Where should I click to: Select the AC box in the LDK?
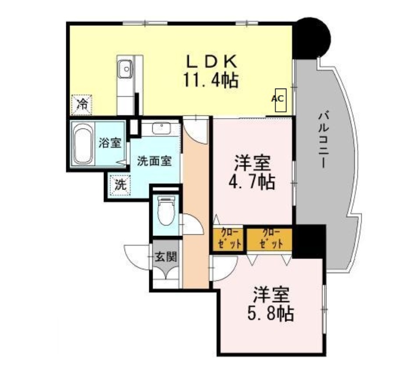coord(278,99)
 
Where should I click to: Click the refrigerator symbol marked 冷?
coord(82,104)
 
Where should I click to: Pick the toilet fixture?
coord(165,211)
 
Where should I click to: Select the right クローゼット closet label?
coord(269,238)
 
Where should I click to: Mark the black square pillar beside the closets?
coord(309,241)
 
